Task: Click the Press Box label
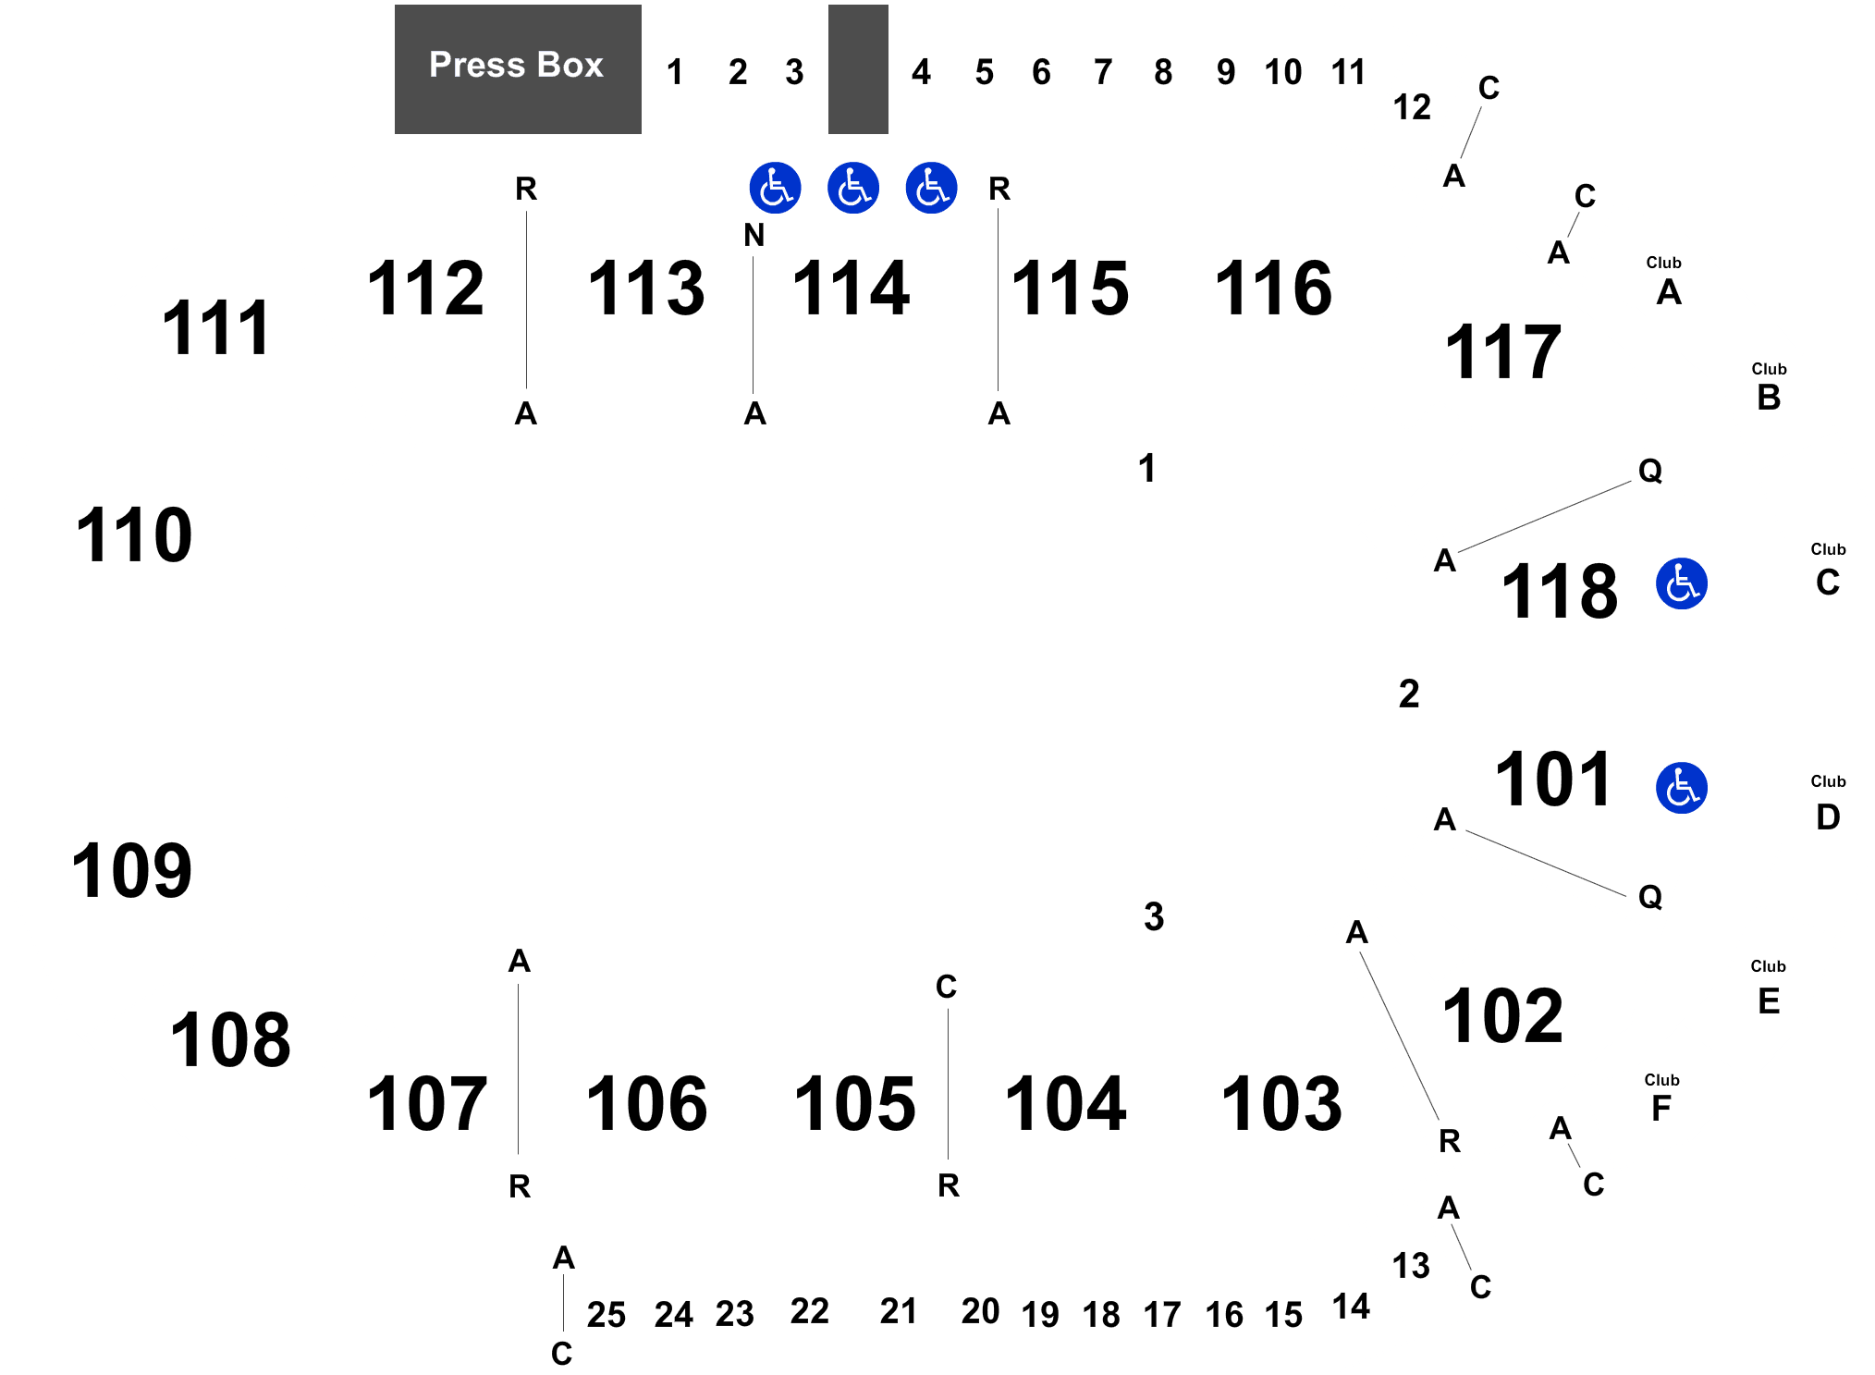516,65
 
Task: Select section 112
426,288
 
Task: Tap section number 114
851,288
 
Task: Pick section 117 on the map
1503,351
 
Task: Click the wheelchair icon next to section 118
1681,583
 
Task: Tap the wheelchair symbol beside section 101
1681,788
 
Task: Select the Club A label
1667,281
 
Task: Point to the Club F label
1661,1098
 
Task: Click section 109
132,871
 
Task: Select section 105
855,1103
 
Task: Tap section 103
1281,1103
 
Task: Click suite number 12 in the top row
1412,107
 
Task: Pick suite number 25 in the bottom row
607,1314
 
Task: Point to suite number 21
899,1310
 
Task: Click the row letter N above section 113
754,235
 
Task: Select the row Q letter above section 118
1650,471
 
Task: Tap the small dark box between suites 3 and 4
858,69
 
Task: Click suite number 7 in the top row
1103,72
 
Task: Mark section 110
134,535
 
